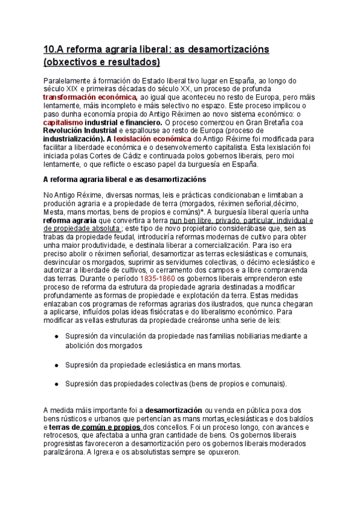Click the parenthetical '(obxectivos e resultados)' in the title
102,62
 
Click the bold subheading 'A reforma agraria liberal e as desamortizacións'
125,179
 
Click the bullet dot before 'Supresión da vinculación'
56,337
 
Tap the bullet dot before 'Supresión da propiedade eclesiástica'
56,364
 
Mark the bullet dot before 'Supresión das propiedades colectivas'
56,384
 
